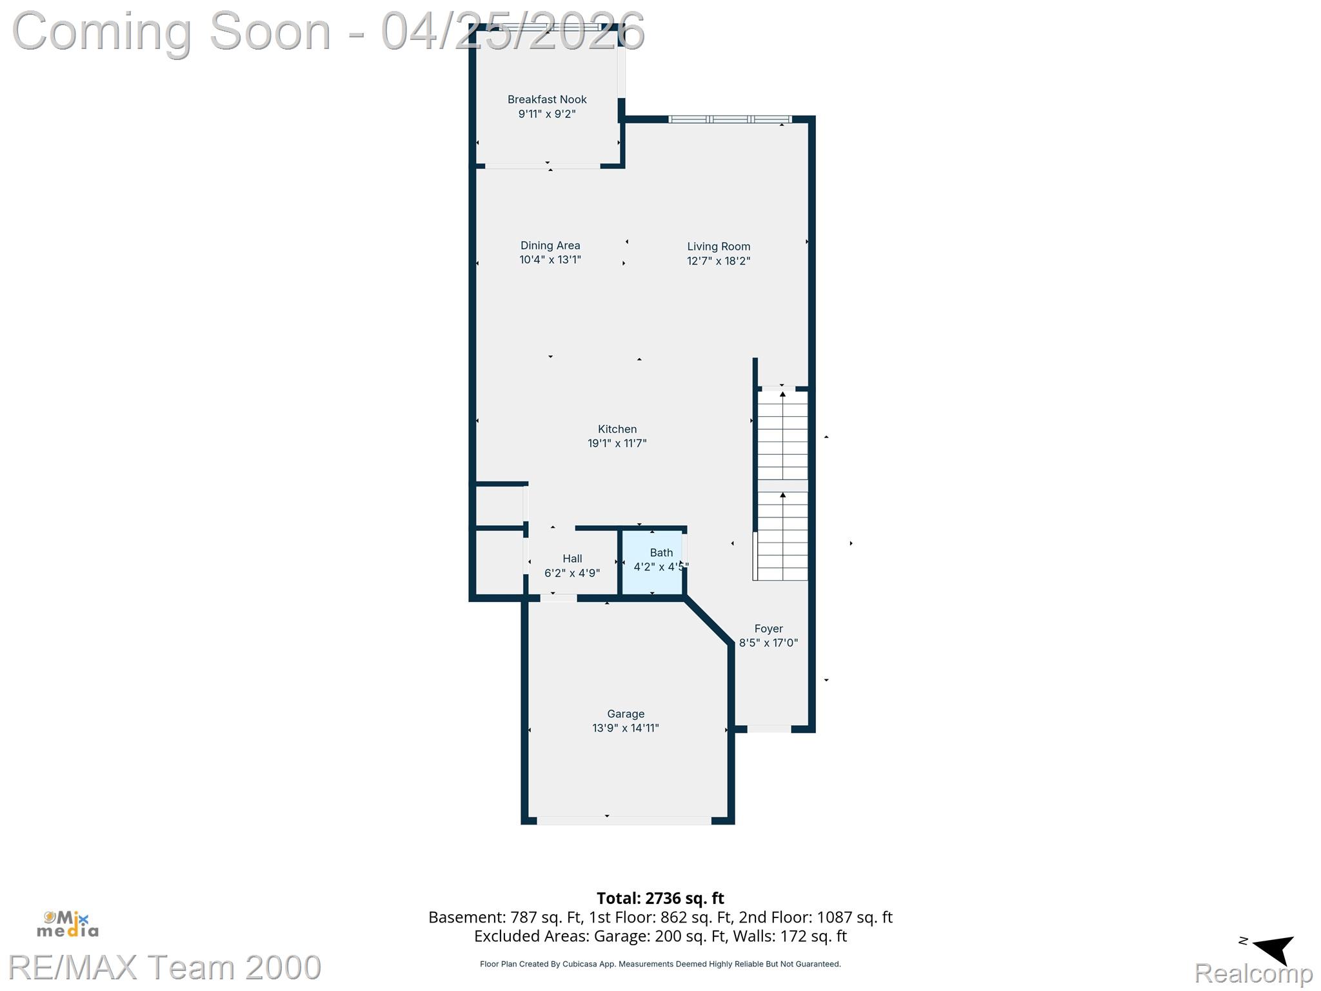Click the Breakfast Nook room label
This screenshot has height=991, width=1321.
coord(547,99)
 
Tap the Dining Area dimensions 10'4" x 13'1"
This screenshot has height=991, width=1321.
coord(550,260)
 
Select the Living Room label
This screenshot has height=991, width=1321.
coord(718,246)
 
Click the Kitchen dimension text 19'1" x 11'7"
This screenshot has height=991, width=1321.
coord(617,443)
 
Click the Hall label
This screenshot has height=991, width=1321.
coord(572,559)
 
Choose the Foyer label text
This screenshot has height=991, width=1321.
coord(768,628)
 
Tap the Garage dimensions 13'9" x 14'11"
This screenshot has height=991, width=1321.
coord(625,728)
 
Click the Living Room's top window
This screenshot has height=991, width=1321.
coord(730,119)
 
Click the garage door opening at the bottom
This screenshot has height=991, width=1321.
coord(624,821)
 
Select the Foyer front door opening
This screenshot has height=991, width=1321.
coord(769,729)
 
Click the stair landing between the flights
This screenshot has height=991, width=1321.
coord(782,486)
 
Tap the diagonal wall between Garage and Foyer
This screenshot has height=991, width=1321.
coord(708,621)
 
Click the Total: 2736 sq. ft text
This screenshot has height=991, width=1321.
coord(660,898)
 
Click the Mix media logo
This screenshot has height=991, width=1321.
coord(68,924)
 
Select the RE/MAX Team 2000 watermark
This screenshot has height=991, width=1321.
coord(164,967)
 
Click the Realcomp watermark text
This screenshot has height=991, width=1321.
coord(1253,972)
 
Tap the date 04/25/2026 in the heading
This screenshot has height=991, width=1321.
coord(513,31)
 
